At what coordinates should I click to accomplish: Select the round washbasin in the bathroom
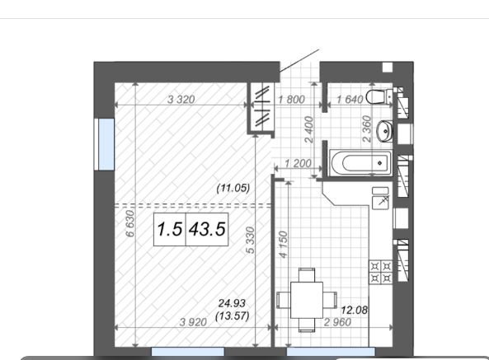(x=384, y=131)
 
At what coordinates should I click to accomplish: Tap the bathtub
(x=360, y=163)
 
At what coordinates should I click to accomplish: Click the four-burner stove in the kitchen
(x=381, y=272)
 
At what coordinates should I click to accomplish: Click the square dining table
(x=307, y=300)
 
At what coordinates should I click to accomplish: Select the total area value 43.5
(x=207, y=229)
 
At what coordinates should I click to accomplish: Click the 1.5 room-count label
(x=169, y=229)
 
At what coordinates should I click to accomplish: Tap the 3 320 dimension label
(x=181, y=100)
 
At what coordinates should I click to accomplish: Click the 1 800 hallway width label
(x=291, y=100)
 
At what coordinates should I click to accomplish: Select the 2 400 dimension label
(x=308, y=129)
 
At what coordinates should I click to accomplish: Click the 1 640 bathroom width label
(x=350, y=100)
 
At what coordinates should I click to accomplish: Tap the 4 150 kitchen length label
(x=283, y=245)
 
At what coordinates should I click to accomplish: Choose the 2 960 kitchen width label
(x=337, y=322)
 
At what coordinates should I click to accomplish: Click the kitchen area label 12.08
(x=355, y=310)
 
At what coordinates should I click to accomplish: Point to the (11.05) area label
(x=233, y=188)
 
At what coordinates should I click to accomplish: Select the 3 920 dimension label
(x=193, y=322)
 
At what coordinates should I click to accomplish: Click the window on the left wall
(x=106, y=144)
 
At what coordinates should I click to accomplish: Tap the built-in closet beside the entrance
(x=261, y=107)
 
